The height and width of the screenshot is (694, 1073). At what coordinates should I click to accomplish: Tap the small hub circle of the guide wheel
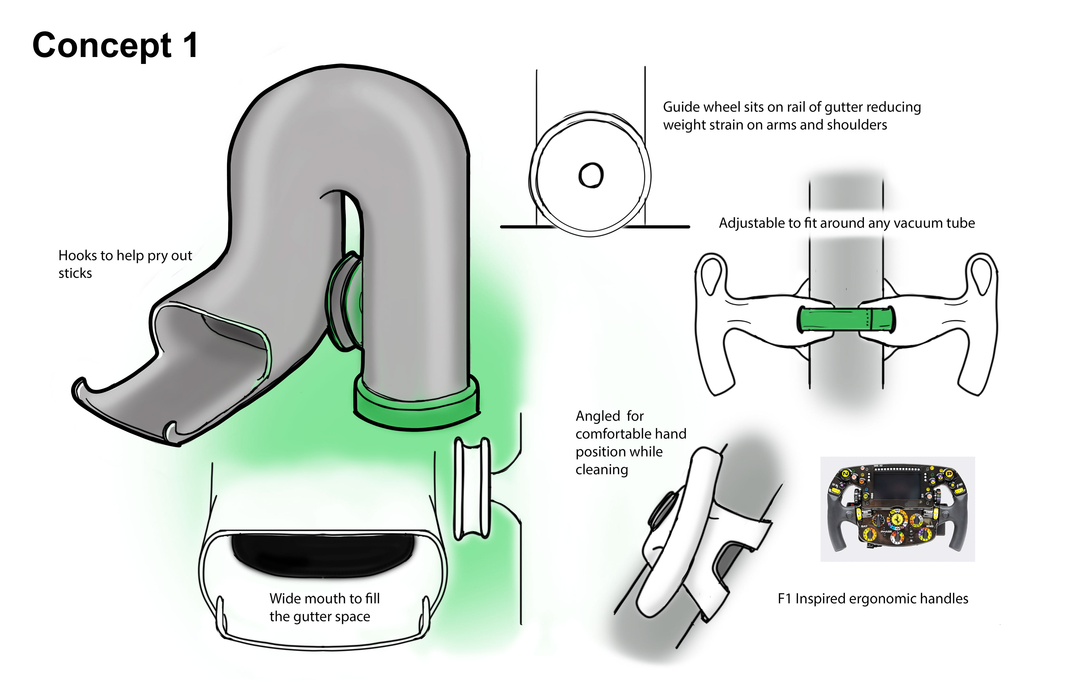coord(591,175)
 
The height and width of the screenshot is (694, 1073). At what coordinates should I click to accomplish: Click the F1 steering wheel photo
coord(897,509)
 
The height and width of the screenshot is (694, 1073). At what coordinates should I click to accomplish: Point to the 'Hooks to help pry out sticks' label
coord(125,264)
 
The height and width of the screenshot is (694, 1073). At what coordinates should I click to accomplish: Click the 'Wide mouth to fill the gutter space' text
coord(324,607)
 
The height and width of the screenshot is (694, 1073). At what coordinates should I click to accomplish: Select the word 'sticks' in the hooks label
coord(75,273)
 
